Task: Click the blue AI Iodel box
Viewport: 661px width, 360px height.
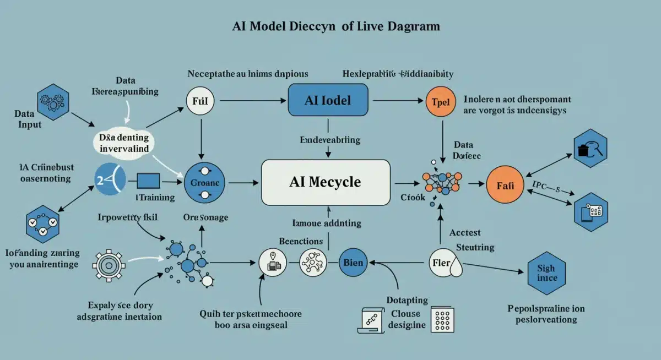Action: [328, 100]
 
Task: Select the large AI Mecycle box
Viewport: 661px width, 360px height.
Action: [325, 182]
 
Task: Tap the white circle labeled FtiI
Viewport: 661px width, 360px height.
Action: [201, 101]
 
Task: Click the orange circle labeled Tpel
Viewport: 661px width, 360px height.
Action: [441, 102]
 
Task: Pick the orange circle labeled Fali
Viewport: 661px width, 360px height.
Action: [505, 186]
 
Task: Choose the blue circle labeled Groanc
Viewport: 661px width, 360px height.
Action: [204, 182]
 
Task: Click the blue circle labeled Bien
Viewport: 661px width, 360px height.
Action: [353, 262]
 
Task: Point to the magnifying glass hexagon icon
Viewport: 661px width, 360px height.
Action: [590, 148]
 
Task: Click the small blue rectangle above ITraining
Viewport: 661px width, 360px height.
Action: [148, 181]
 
